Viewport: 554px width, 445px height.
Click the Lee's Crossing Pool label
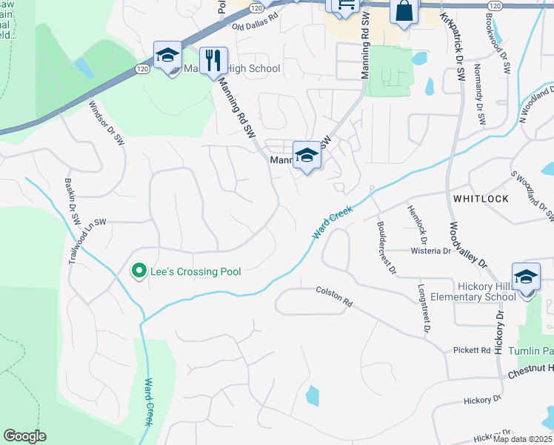(x=196, y=271)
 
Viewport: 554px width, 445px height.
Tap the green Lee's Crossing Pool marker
(x=138, y=271)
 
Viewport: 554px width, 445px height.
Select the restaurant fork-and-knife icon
(x=213, y=61)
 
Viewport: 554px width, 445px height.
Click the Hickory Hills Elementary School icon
(x=526, y=279)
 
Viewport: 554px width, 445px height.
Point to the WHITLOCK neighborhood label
(x=481, y=199)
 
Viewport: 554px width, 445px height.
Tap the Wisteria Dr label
(x=431, y=251)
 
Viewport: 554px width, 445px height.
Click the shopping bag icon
(x=404, y=12)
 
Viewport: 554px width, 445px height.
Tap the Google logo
(x=24, y=436)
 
